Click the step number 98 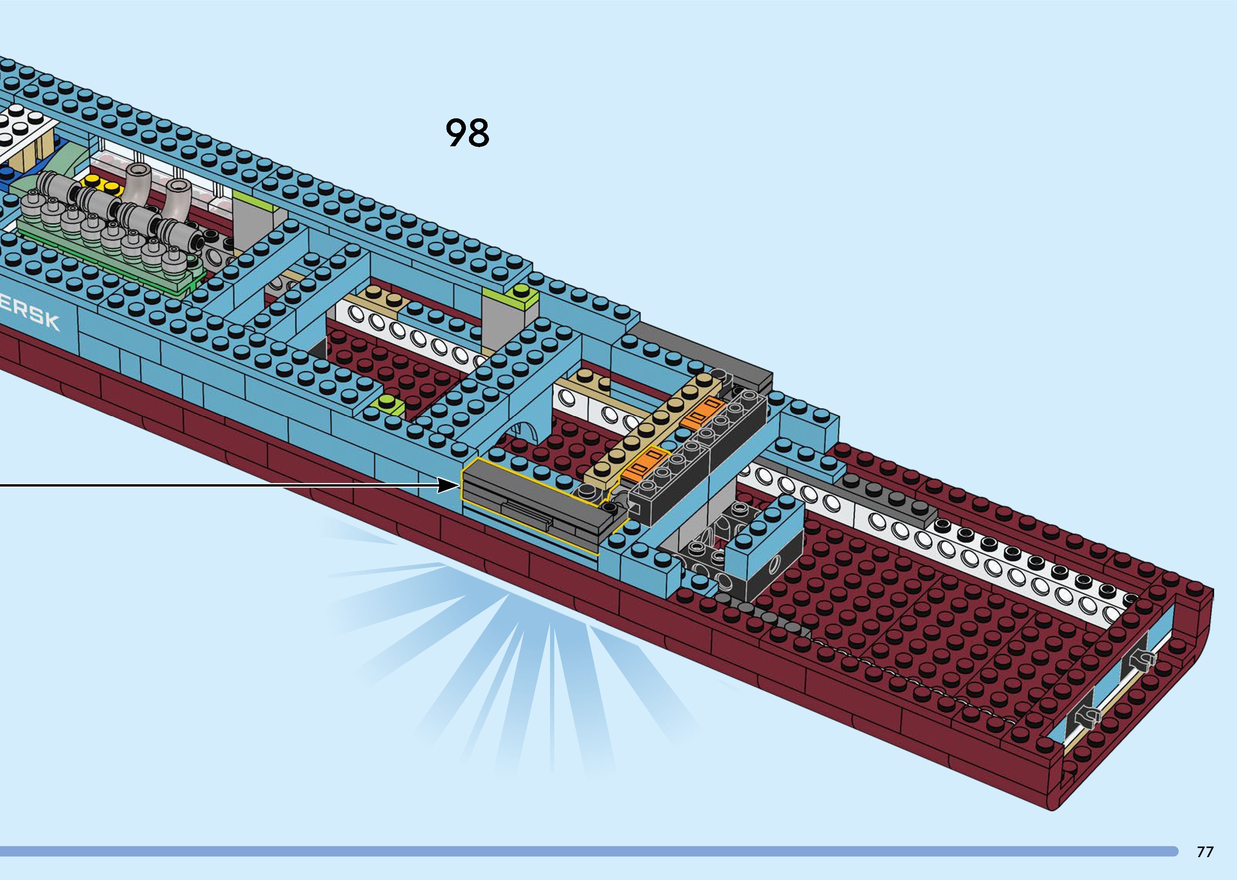coord(467,133)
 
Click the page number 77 coord(1204,852)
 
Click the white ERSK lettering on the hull coord(30,315)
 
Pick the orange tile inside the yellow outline coord(645,462)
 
